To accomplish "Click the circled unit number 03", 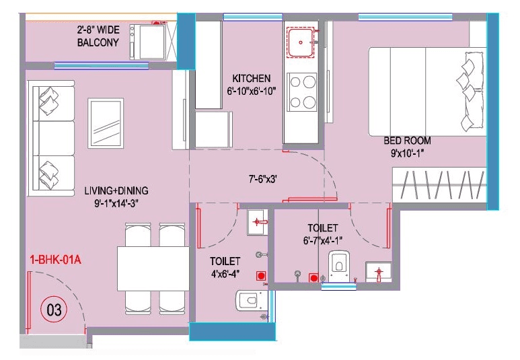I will point(54,310).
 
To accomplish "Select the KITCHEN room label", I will point(251,78).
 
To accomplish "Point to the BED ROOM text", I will point(407,141).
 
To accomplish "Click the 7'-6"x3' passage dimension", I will point(262,180).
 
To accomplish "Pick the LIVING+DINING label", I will point(116,190).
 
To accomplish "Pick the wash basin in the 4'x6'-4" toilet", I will point(258,222).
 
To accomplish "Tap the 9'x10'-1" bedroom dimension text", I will point(407,152).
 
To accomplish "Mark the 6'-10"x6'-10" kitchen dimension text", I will point(251,91).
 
